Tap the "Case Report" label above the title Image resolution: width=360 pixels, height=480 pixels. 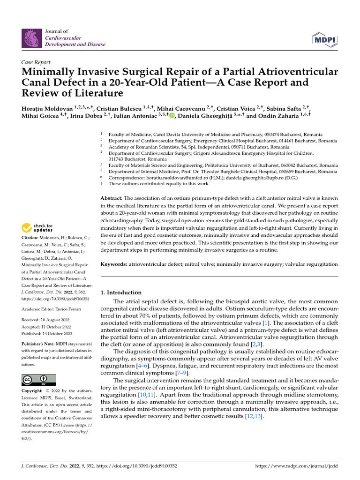36,62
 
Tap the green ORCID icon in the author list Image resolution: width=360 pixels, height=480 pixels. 172,116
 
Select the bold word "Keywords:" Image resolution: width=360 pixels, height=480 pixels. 114,264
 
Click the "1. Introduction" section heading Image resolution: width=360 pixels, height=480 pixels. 121,292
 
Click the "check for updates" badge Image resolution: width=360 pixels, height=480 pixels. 36,228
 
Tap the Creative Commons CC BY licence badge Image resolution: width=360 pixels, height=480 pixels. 38,380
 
